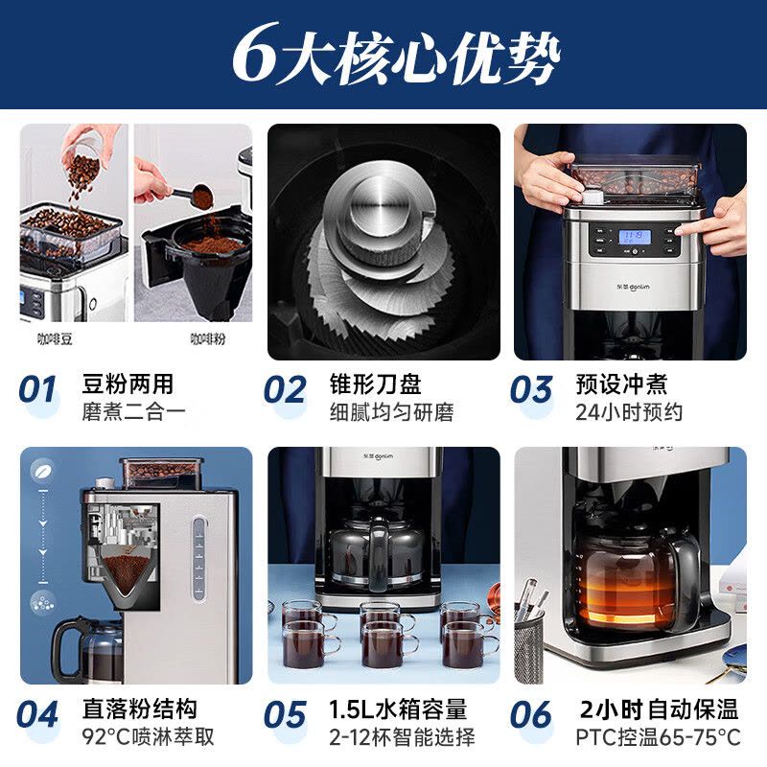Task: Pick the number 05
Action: click(285, 715)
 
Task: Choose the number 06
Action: click(531, 715)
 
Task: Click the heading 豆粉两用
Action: click(128, 384)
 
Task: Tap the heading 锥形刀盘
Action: click(375, 384)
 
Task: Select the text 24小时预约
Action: click(629, 412)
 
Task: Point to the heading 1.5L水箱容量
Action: click(398, 709)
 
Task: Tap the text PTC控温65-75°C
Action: click(658, 736)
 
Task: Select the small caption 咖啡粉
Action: click(207, 338)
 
